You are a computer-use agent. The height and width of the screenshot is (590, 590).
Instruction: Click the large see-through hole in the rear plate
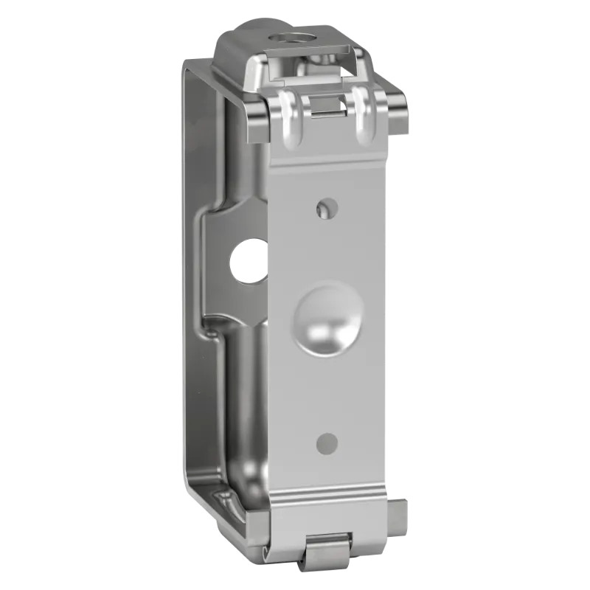[x=249, y=261]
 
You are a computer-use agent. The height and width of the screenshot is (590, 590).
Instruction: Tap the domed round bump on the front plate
[x=328, y=319]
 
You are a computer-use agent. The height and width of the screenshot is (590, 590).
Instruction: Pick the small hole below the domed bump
[x=327, y=442]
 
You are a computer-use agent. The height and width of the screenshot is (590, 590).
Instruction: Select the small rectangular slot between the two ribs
[x=327, y=107]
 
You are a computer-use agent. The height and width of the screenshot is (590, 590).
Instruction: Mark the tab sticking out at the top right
[x=396, y=114]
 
